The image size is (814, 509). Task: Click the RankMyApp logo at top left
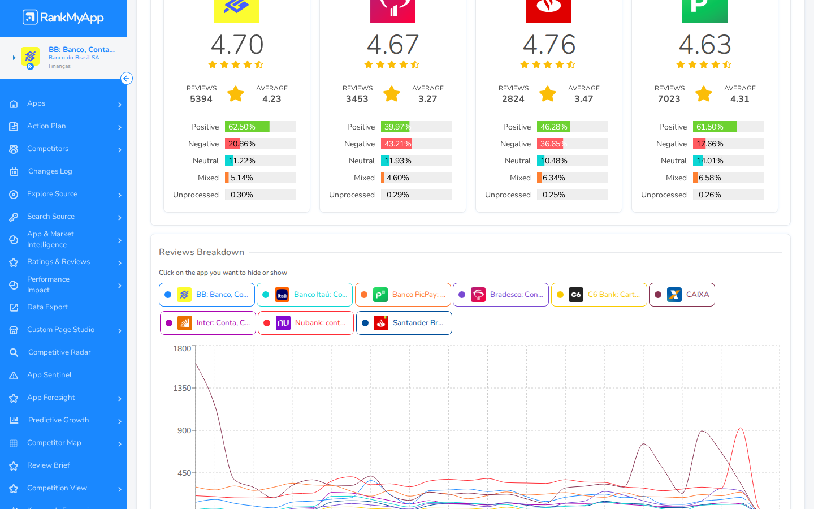point(63,17)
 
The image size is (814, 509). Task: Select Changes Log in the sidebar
point(50,171)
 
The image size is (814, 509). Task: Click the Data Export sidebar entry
point(47,307)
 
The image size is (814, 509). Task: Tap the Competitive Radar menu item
point(59,352)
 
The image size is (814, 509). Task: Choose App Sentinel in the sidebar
point(49,375)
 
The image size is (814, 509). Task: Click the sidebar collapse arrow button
point(127,79)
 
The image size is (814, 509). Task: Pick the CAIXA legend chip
point(682,295)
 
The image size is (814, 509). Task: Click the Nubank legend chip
point(306,323)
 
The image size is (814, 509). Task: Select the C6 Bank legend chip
point(599,295)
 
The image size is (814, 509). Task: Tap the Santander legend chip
point(404,323)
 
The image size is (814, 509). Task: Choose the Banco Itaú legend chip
point(305,295)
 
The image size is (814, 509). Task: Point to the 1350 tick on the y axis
point(182,389)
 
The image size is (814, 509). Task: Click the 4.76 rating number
point(549,44)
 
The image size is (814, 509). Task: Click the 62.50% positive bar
point(247,127)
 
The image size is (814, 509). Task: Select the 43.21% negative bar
point(396,144)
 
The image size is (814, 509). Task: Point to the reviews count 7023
point(669,99)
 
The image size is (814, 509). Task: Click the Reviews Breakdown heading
point(201,252)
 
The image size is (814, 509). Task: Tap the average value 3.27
point(427,99)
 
